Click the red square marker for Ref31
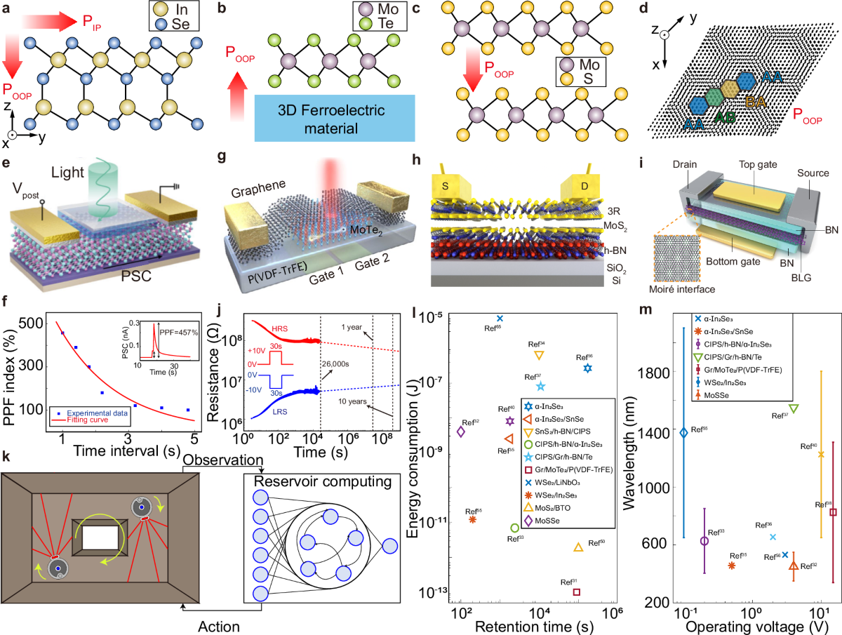(577, 591)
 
